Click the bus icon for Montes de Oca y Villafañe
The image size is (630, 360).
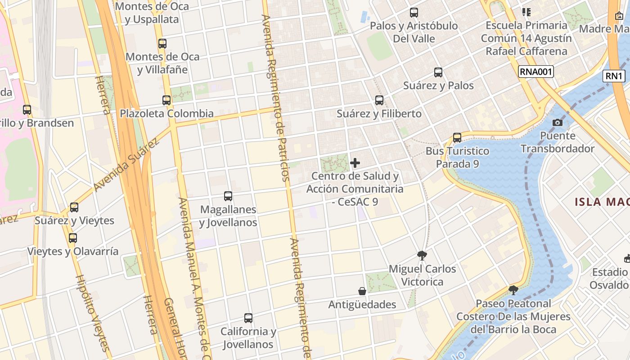(162, 44)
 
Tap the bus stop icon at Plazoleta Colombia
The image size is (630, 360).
(166, 100)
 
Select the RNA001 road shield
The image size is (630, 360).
(535, 72)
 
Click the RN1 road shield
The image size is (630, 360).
(614, 76)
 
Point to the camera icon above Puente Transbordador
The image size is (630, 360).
(558, 122)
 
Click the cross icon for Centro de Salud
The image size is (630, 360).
(355, 163)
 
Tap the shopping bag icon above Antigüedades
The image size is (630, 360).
(362, 291)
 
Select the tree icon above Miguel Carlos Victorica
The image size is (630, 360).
(422, 256)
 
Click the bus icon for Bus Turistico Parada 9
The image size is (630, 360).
(457, 138)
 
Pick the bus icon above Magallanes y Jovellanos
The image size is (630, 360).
(228, 196)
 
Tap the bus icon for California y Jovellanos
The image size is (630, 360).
(248, 318)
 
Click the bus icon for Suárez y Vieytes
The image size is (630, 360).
(74, 207)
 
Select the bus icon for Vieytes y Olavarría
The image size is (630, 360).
(73, 238)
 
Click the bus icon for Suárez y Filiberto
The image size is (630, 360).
(379, 100)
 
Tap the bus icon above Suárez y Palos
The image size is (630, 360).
(438, 72)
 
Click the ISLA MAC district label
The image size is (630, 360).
(602, 202)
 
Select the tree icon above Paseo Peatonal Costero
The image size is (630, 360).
(513, 290)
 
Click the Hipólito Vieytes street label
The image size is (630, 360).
(92, 313)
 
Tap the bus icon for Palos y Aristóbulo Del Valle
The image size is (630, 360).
(414, 13)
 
